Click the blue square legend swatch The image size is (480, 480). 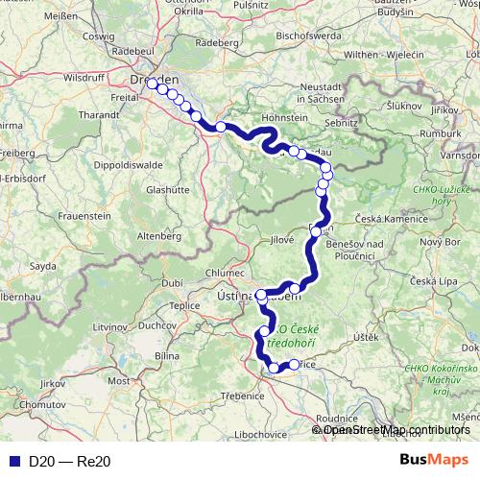pyautogui.click(x=12, y=462)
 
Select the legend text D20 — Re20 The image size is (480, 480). pyautogui.click(x=70, y=462)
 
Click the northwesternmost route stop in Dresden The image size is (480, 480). pyautogui.click(x=152, y=83)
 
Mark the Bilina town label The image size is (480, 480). pyautogui.click(x=168, y=355)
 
